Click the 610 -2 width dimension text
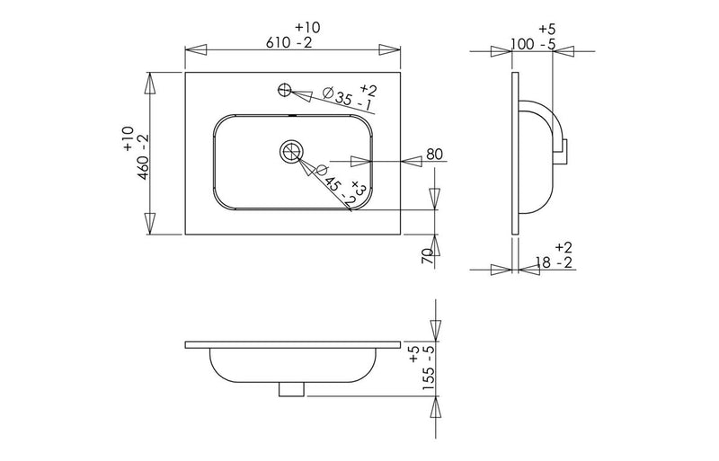(292, 43)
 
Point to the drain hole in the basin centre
(291, 151)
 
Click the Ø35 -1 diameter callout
(346, 99)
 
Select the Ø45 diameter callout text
(333, 182)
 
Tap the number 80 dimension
(435, 155)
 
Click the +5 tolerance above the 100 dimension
(546, 28)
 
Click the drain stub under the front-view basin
(292, 389)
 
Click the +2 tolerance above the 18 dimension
(564, 246)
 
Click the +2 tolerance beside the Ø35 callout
(368, 88)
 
